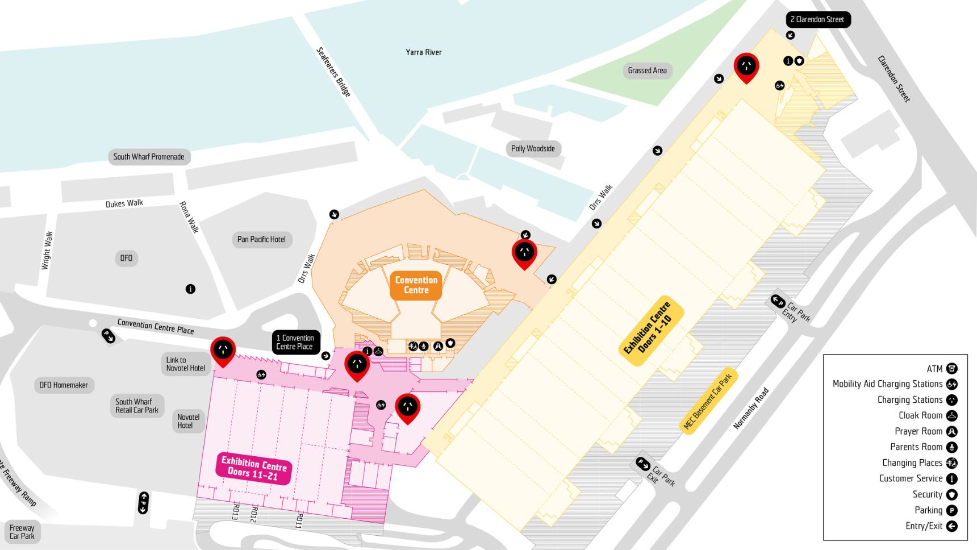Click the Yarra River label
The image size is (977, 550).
coord(423,52)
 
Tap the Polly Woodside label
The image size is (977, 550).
coord(533,149)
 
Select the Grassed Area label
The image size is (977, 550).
coord(647,70)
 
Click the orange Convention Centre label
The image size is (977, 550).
coord(416,285)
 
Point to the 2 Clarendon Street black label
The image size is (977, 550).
coord(817,19)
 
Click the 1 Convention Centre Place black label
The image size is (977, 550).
coord(295,342)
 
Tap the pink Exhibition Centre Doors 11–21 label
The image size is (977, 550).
coord(253,468)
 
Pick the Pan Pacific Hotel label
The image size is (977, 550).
coord(261,239)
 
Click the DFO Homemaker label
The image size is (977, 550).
coord(64,385)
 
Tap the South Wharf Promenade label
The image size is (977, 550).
coord(149,157)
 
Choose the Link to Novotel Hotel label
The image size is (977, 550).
coord(185,364)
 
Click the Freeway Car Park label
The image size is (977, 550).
coord(22,532)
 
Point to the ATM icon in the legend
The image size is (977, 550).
coord(951,369)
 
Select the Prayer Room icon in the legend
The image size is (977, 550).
coord(951,432)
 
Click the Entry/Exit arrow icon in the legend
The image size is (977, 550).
coord(951,526)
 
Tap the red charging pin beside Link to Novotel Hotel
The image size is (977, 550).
coord(223,350)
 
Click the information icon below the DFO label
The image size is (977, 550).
coord(190,289)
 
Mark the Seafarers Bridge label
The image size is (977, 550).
coord(333,72)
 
